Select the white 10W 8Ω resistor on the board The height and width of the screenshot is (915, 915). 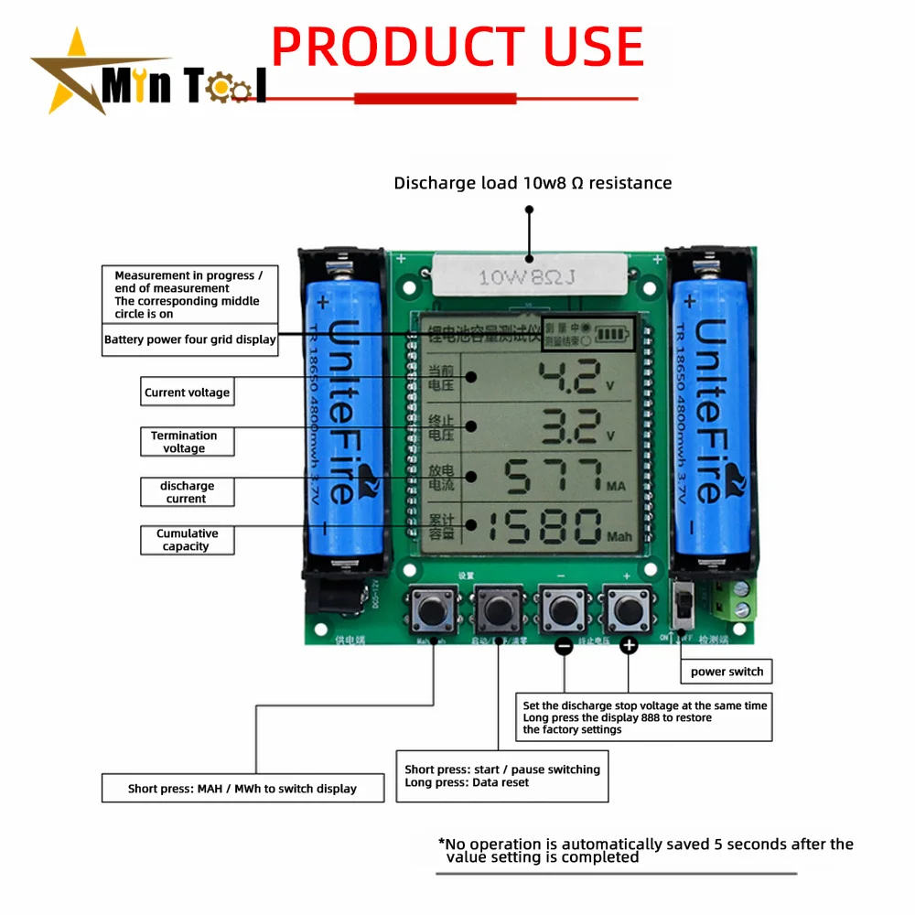pyautogui.click(x=529, y=274)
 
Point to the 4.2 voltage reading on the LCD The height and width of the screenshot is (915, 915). pyautogui.click(x=567, y=376)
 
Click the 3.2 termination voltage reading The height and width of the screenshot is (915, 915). pyautogui.click(x=567, y=425)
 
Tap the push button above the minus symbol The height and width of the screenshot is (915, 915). pyautogui.click(x=563, y=607)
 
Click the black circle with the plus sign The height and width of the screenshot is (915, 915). pyautogui.click(x=629, y=646)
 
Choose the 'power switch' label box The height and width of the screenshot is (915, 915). pyautogui.click(x=727, y=672)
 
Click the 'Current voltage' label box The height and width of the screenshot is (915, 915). pyautogui.click(x=187, y=393)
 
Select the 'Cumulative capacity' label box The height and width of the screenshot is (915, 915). pyautogui.click(x=187, y=540)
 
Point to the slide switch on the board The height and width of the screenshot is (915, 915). pyautogui.click(x=681, y=606)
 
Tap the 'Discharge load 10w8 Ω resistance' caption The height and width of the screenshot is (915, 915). pyautogui.click(x=533, y=183)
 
